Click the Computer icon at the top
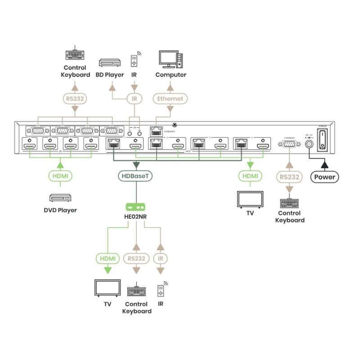[171, 59]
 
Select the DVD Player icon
[60, 198]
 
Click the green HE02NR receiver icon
[135, 207]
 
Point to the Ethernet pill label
[170, 98]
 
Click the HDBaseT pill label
[135, 176]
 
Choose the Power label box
[324, 177]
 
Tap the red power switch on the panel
[322, 140]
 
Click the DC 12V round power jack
[309, 144]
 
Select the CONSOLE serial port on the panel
[288, 144]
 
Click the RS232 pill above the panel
[75, 98]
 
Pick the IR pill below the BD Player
[134, 98]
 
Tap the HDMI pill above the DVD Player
[60, 176]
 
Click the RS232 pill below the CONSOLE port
[288, 177]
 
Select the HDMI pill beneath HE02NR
[107, 258]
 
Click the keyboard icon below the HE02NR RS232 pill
[136, 291]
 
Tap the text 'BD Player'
[109, 75]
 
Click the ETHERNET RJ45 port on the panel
[156, 132]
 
